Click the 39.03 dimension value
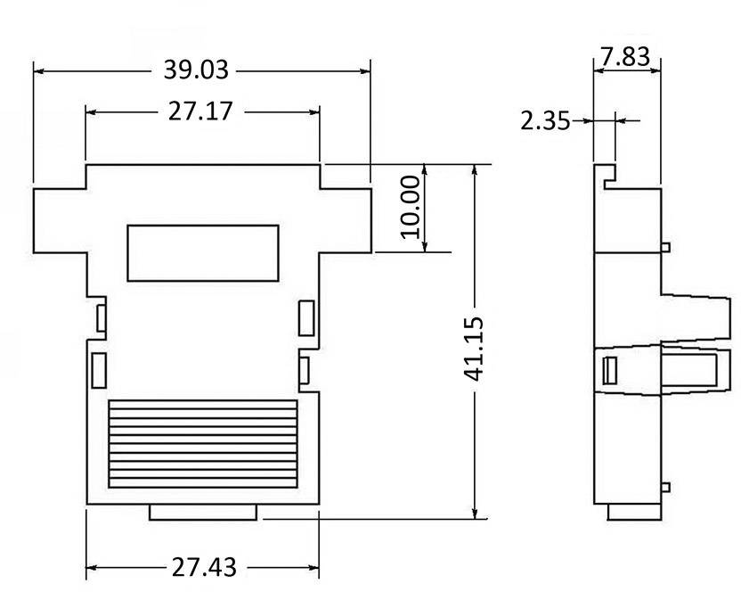click(196, 70)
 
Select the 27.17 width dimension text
click(201, 111)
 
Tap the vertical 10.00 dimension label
click(410, 207)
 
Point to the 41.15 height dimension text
click(474, 348)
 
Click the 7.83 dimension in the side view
click(627, 58)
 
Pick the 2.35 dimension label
click(545, 120)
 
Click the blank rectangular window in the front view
click(202, 253)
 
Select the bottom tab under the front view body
click(204, 512)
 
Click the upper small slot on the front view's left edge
click(101, 317)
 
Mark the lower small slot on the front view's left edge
click(99, 369)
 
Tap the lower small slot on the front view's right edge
click(305, 369)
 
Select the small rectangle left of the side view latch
click(611, 369)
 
